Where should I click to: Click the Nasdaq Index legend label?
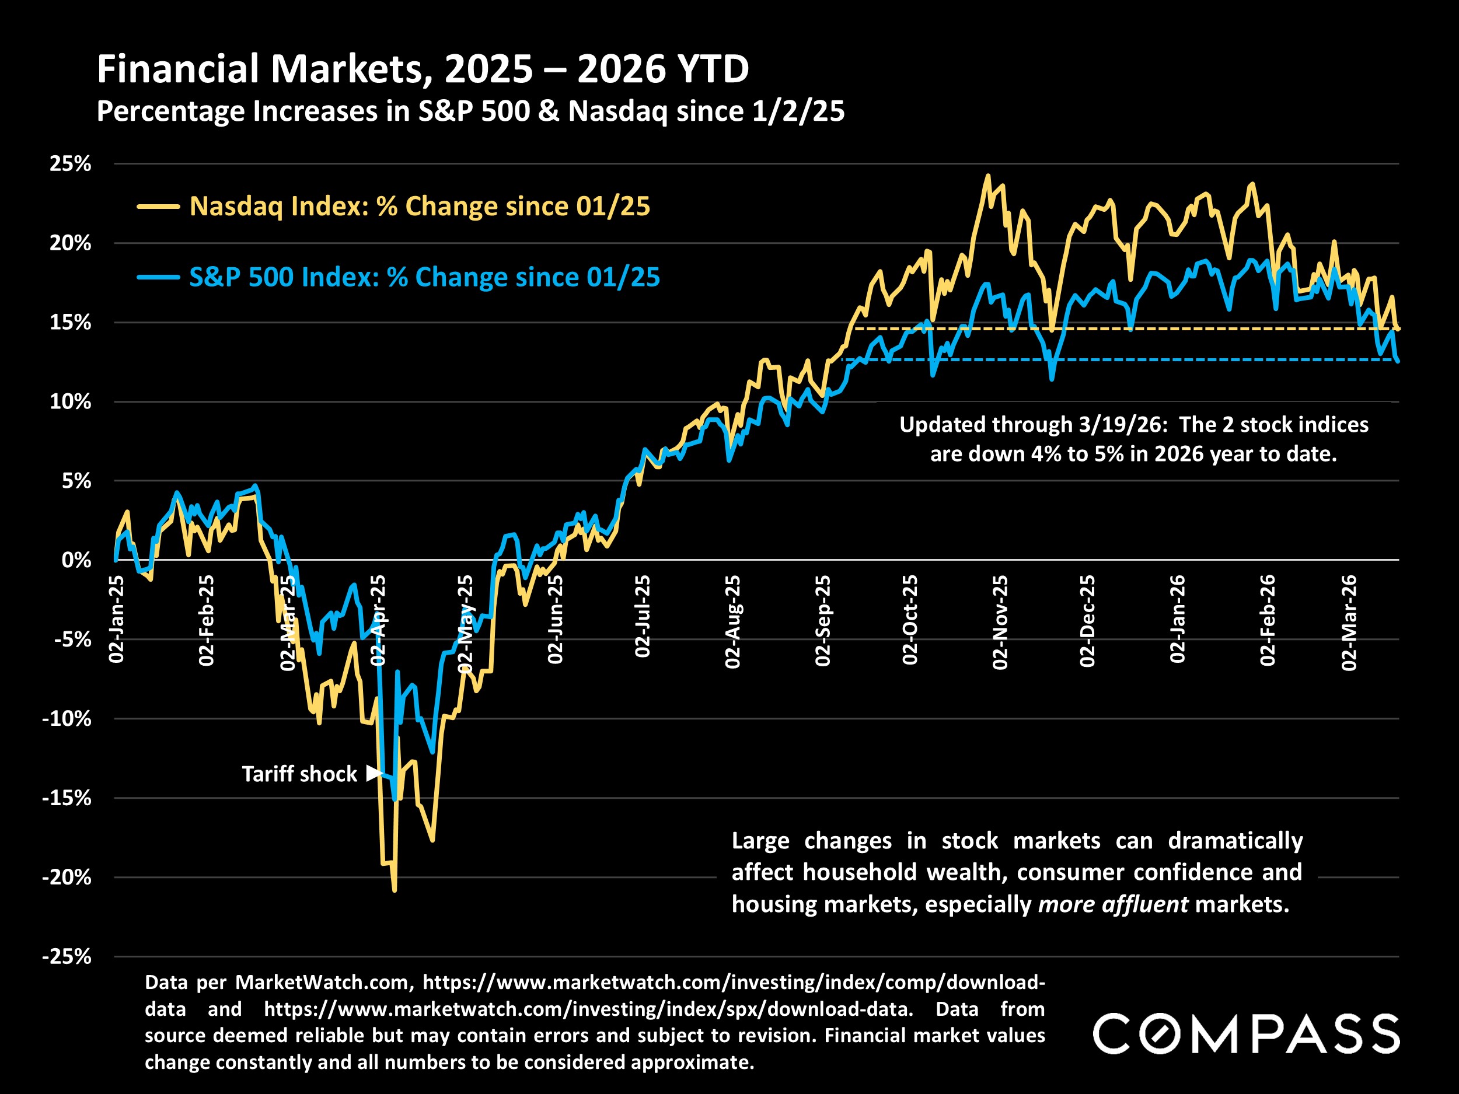[x=420, y=207]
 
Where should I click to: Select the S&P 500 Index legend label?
[x=424, y=277]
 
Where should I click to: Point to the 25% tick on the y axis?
[x=70, y=163]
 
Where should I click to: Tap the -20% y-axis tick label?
[x=67, y=877]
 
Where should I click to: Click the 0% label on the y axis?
[x=76, y=561]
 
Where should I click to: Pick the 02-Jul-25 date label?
[x=643, y=616]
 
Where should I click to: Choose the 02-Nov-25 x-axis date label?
[x=1000, y=622]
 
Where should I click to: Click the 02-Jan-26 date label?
[x=1177, y=618]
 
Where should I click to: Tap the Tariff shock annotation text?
[x=299, y=774]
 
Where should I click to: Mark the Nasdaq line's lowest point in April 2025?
[x=395, y=890]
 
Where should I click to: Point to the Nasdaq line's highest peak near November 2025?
[x=987, y=176]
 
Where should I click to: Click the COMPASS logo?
[x=1246, y=1033]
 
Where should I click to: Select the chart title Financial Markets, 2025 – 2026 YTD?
[x=423, y=69]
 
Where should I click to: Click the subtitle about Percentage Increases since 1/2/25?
[x=470, y=111]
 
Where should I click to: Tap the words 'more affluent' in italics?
[x=1113, y=904]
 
